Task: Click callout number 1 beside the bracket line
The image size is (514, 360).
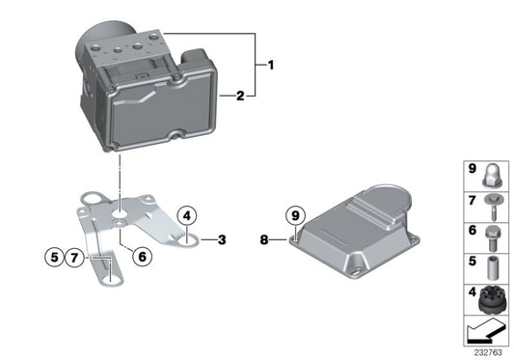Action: click(271, 66)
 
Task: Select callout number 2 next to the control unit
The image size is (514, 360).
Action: click(241, 96)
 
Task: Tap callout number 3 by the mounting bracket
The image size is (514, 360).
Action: click(221, 238)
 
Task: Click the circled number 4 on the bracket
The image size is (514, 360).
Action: click(187, 216)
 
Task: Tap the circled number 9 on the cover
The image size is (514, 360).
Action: click(295, 215)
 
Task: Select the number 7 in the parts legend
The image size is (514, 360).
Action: click(473, 201)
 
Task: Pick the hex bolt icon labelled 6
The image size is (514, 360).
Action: click(491, 234)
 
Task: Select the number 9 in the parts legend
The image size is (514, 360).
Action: click(473, 169)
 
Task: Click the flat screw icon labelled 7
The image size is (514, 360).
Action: click(491, 204)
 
